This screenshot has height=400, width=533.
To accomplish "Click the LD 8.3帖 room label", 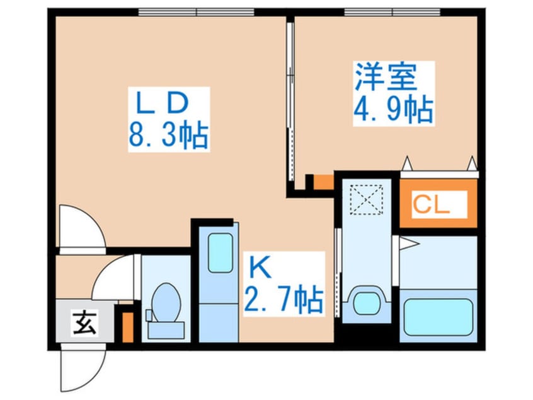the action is pos(169,119).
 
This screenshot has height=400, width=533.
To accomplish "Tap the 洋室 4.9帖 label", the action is pos(394,93).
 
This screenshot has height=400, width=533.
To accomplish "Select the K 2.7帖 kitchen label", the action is pos(284,284).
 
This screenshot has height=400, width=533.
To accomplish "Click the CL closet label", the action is pos(439,204).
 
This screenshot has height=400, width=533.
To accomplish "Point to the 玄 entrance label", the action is pos(84,322).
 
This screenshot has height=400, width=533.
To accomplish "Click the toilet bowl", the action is pos(166,303).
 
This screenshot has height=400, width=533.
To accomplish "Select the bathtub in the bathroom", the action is pos(438,317).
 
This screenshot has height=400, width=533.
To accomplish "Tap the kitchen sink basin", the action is pos(221,253).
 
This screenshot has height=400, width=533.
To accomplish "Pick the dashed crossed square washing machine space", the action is pos(367,200).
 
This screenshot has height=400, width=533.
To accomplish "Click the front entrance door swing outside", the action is pos(83,368).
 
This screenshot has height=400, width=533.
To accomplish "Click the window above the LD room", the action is pos(196,12).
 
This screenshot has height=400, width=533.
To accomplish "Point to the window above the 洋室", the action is pos(393,12).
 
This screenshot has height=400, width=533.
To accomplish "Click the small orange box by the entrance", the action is pos(128,327).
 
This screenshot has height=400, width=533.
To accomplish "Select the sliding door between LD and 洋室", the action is pos(290,102).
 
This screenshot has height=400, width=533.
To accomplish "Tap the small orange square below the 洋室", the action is pos(323,182).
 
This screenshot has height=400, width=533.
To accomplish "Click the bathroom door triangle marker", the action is pos(410,244).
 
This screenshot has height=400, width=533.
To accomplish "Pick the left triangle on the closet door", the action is pos(407,164).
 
